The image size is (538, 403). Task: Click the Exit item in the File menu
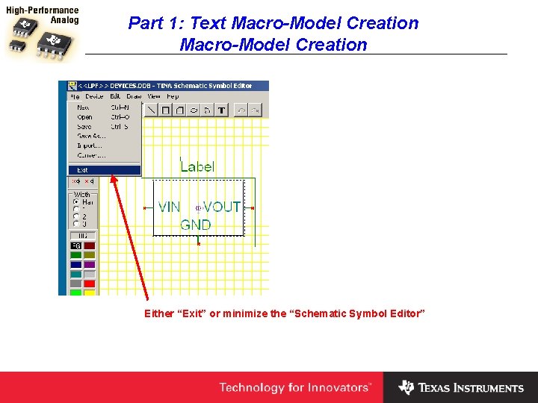[x=83, y=170]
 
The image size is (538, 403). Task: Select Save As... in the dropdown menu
[x=90, y=137]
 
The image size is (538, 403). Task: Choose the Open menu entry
[x=85, y=117]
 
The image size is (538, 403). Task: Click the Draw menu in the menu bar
[x=134, y=96]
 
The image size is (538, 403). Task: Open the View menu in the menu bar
[x=154, y=96]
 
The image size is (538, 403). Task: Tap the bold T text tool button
[x=222, y=110]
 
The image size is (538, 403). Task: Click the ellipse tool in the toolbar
[x=193, y=110]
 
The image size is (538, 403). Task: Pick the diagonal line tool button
[x=150, y=110]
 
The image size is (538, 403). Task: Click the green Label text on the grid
[x=197, y=167]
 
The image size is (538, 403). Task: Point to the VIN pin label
[x=169, y=207]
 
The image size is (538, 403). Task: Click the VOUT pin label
[x=222, y=207]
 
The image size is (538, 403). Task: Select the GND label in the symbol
[x=196, y=225]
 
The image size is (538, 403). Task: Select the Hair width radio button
[x=76, y=202]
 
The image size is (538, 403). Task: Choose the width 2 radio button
[x=76, y=216]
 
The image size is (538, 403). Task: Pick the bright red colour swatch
[x=90, y=283]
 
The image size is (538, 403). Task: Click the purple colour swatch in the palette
[x=90, y=264]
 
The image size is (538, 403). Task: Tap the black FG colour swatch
[x=75, y=246]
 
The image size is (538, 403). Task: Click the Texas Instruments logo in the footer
[x=461, y=387]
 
